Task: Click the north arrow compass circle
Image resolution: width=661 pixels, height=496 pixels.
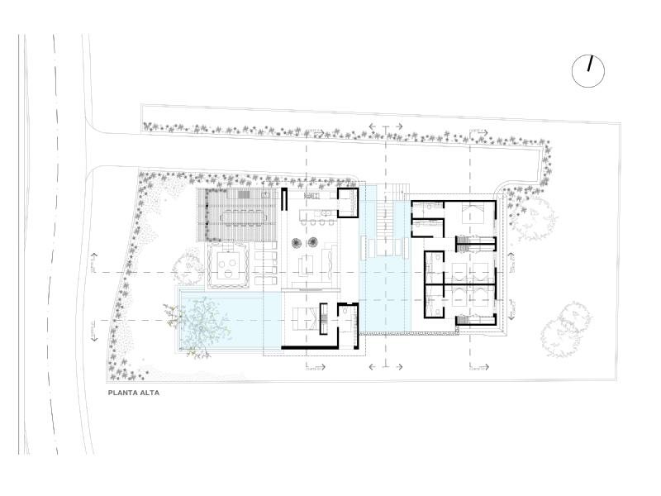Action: (x=588, y=71)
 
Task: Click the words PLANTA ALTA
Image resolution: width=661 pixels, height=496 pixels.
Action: (x=133, y=393)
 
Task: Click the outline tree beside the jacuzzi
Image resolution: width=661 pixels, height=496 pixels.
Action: (x=188, y=265)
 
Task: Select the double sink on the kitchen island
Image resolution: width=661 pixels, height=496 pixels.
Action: (x=326, y=214)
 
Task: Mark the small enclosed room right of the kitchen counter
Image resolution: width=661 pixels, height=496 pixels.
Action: (x=349, y=203)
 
